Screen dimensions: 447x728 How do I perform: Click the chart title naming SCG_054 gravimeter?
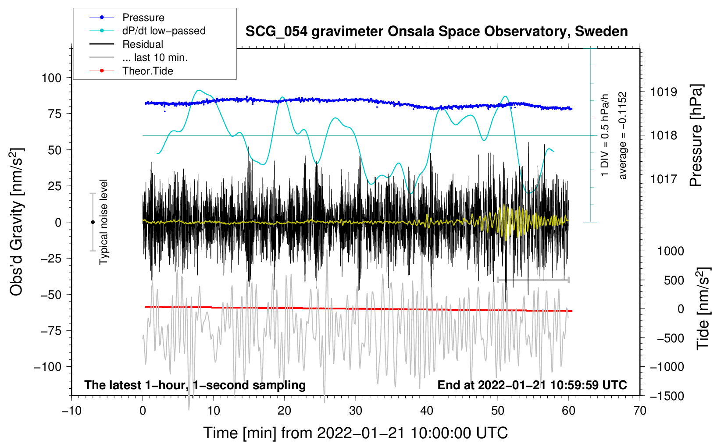point(436,32)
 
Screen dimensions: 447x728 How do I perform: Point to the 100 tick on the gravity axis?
point(51,78)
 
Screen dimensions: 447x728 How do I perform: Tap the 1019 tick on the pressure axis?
point(664,92)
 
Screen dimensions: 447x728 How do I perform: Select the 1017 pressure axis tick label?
point(664,179)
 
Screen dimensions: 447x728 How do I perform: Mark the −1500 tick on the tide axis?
point(667,396)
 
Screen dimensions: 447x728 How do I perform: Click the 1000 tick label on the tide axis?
point(670,251)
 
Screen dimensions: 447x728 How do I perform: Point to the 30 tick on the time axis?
point(356,411)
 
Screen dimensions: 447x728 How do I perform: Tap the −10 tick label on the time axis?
point(71,411)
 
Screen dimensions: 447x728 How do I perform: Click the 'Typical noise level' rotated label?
point(103,222)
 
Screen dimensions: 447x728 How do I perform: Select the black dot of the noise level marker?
point(93,222)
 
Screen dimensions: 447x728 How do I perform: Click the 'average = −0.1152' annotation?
point(623,135)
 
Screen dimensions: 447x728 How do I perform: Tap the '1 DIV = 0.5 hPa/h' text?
point(605,135)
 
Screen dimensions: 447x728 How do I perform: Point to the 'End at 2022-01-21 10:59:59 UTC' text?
point(532,385)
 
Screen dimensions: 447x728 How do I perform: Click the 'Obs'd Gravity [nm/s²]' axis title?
point(17,222)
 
